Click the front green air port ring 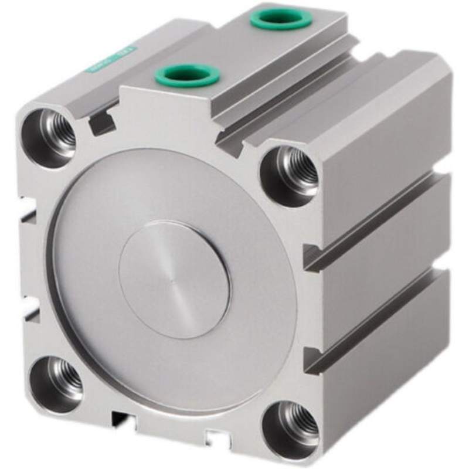pos(187,75)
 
